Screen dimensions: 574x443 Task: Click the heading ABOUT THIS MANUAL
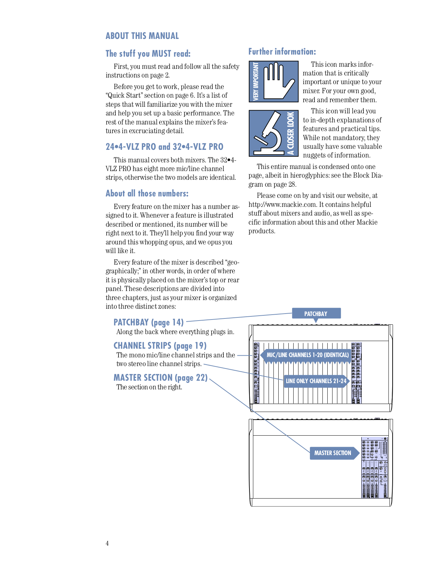[x=142, y=36]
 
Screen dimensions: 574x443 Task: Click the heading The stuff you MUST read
[x=148, y=54]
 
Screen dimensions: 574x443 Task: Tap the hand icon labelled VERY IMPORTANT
[x=273, y=82]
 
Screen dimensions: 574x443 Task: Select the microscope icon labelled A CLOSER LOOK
[x=273, y=133]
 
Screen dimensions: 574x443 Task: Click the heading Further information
[x=282, y=51]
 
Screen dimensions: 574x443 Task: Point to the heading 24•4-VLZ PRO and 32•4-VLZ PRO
[x=164, y=147]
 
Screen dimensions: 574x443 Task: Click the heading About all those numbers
[x=147, y=193]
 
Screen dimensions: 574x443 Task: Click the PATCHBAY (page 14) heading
[x=148, y=322]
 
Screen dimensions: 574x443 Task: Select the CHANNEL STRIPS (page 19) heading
[x=160, y=346]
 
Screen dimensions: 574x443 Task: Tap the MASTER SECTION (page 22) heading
[x=160, y=378]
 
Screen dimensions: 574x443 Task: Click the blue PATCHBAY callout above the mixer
[x=316, y=314]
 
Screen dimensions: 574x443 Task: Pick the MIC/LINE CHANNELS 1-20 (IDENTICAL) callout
[x=307, y=355]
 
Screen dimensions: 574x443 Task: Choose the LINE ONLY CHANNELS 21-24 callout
[x=316, y=381]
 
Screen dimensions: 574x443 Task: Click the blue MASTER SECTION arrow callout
[x=333, y=453]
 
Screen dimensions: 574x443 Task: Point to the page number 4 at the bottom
[x=107, y=543]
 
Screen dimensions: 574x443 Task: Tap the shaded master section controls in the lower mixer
[x=375, y=468]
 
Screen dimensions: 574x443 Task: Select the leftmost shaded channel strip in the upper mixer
[x=256, y=373]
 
